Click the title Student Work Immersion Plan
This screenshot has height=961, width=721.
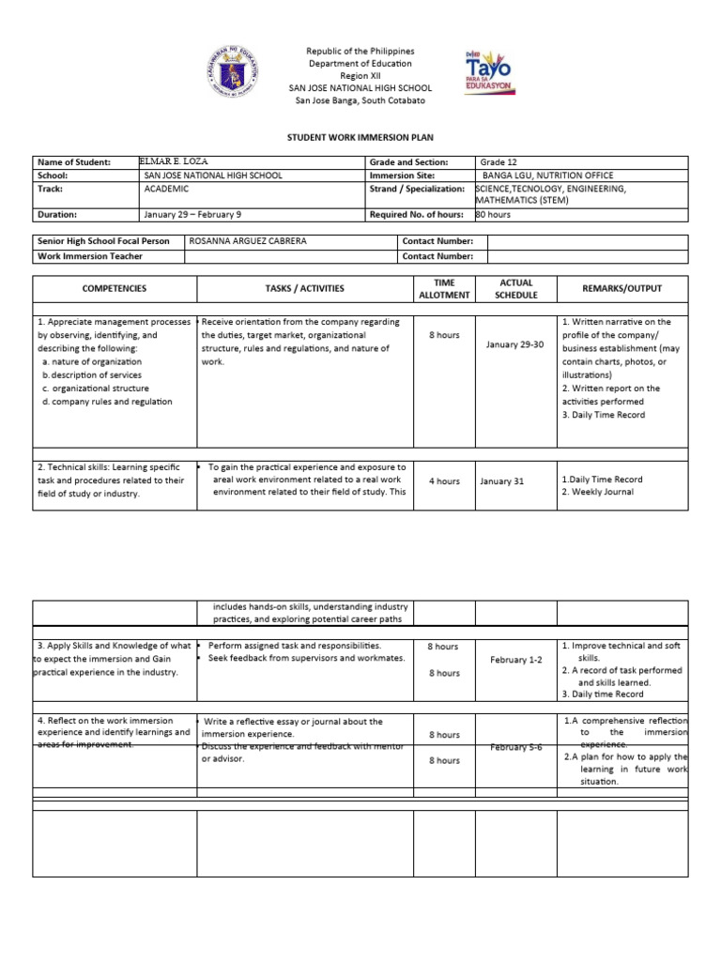pos(360,136)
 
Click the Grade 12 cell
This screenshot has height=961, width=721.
pos(499,162)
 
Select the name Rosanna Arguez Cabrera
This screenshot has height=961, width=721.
pos(248,241)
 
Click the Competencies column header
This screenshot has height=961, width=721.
pos(115,288)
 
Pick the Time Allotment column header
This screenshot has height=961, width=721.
pos(443,288)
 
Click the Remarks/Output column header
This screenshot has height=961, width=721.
pos(621,288)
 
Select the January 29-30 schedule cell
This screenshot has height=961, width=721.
pos(514,344)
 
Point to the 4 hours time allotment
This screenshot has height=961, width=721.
pos(443,481)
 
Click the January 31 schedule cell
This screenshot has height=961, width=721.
pos(501,481)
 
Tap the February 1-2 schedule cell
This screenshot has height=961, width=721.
pos(516,660)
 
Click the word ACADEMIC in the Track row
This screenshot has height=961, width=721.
pos(167,189)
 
